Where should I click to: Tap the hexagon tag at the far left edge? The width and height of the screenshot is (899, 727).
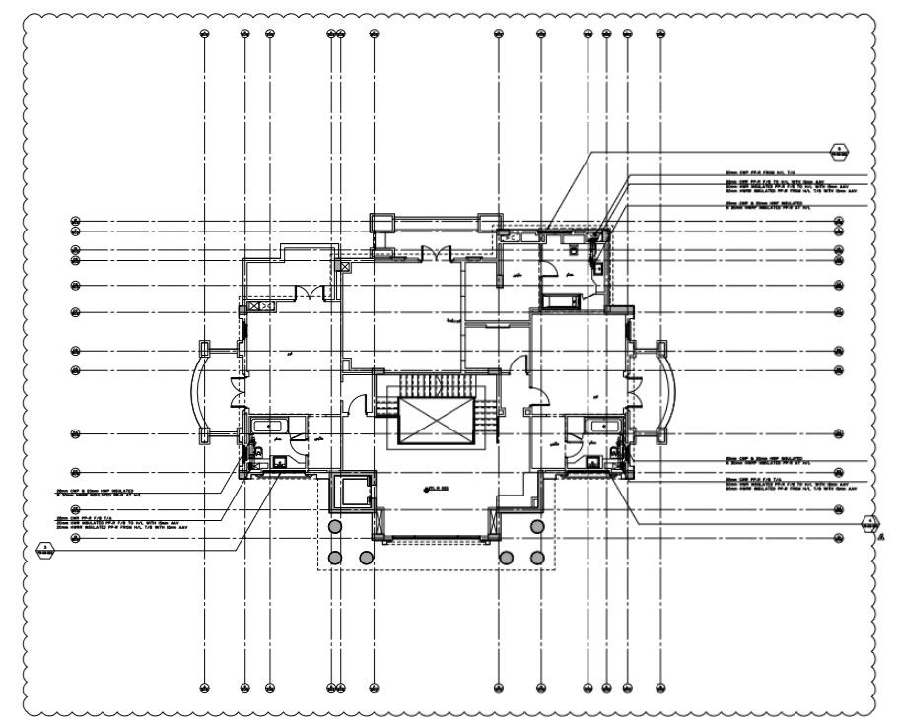point(44,549)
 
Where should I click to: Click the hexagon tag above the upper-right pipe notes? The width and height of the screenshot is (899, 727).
point(839,152)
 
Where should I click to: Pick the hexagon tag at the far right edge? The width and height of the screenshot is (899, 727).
point(869,523)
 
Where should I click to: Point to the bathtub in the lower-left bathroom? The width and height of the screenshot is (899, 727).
point(268,426)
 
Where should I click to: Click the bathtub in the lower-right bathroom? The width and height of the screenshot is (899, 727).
point(599,426)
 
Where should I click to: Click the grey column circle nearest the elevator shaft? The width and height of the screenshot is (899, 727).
point(335,526)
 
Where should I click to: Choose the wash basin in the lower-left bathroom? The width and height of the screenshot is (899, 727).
point(279,460)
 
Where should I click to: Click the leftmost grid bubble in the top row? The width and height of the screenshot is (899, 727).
point(204,33)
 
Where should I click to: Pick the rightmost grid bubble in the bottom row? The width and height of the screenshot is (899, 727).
point(659,687)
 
